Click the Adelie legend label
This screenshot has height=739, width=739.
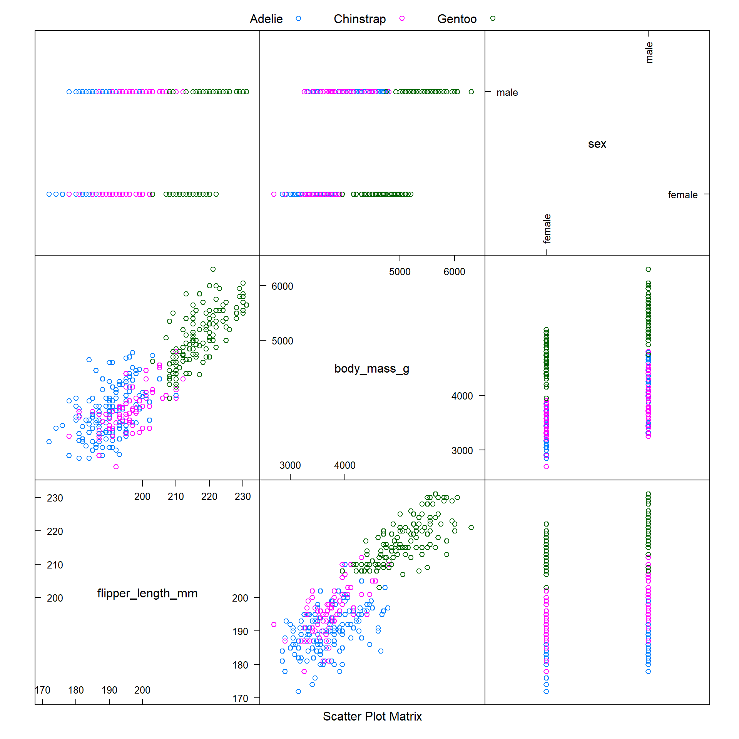pyautogui.click(x=266, y=19)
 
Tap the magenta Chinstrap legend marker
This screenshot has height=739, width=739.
pyautogui.click(x=402, y=18)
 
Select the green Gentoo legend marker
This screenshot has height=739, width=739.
pyautogui.click(x=493, y=18)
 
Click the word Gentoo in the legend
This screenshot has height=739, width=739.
pyautogui.click(x=457, y=19)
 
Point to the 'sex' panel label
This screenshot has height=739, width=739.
pyautogui.click(x=597, y=144)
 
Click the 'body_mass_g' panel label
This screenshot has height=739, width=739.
pyautogui.click(x=372, y=369)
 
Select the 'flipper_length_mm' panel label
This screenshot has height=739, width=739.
pyautogui.click(x=147, y=594)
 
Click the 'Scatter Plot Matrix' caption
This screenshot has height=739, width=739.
pyautogui.click(x=372, y=716)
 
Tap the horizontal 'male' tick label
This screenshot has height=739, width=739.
pyautogui.click(x=507, y=92)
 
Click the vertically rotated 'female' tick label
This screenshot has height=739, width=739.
pyautogui.click(x=547, y=229)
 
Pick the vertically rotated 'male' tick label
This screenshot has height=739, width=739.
pyautogui.click(x=649, y=52)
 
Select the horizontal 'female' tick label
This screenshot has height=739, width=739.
pyautogui.click(x=682, y=195)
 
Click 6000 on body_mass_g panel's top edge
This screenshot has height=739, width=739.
pyautogui.click(x=454, y=272)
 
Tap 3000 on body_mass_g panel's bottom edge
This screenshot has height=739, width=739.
pyautogui.click(x=290, y=465)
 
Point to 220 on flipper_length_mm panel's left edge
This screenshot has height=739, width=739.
pyautogui.click(x=55, y=532)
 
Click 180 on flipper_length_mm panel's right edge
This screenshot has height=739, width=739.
pyautogui.click(x=240, y=665)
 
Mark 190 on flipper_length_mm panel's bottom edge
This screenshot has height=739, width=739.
pyautogui.click(x=109, y=690)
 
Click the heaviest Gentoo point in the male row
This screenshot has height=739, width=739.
pyautogui.click(x=471, y=92)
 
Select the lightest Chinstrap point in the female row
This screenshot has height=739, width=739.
pyautogui.click(x=274, y=194)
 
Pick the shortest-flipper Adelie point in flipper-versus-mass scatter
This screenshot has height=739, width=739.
pyautogui.click(x=298, y=692)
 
